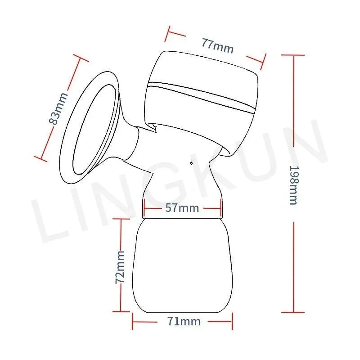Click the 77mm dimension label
pyautogui.click(x=217, y=45)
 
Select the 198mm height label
pyautogui.click(x=293, y=185)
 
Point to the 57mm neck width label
pyautogui.click(x=182, y=208)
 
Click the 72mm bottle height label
pyautogui.click(x=120, y=266)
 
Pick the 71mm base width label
pyautogui.click(x=183, y=321)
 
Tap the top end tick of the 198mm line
pyautogui.click(x=293, y=55)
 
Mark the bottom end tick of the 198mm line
pyautogui.click(x=293, y=312)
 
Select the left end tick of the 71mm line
pyautogui.click(x=133, y=322)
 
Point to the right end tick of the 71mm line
pyautogui.click(x=233, y=322)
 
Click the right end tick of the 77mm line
pyautogui.click(x=263, y=59)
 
